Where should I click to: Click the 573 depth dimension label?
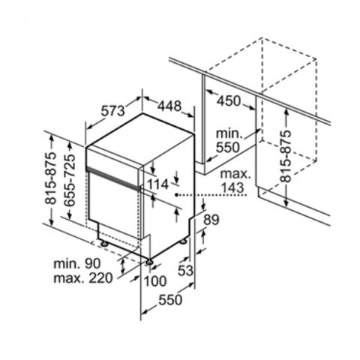tap(112, 111)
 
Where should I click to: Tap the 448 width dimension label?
tap(169, 106)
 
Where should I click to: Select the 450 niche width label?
tap(229, 101)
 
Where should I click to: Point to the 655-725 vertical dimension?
tap(69, 180)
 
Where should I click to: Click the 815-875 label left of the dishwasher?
tap(51, 178)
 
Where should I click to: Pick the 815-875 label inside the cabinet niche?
tap(286, 155)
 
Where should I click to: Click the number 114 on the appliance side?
tap(157, 184)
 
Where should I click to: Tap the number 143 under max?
tap(232, 187)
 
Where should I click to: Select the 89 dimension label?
tap(211, 220)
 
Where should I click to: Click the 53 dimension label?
tap(185, 270)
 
